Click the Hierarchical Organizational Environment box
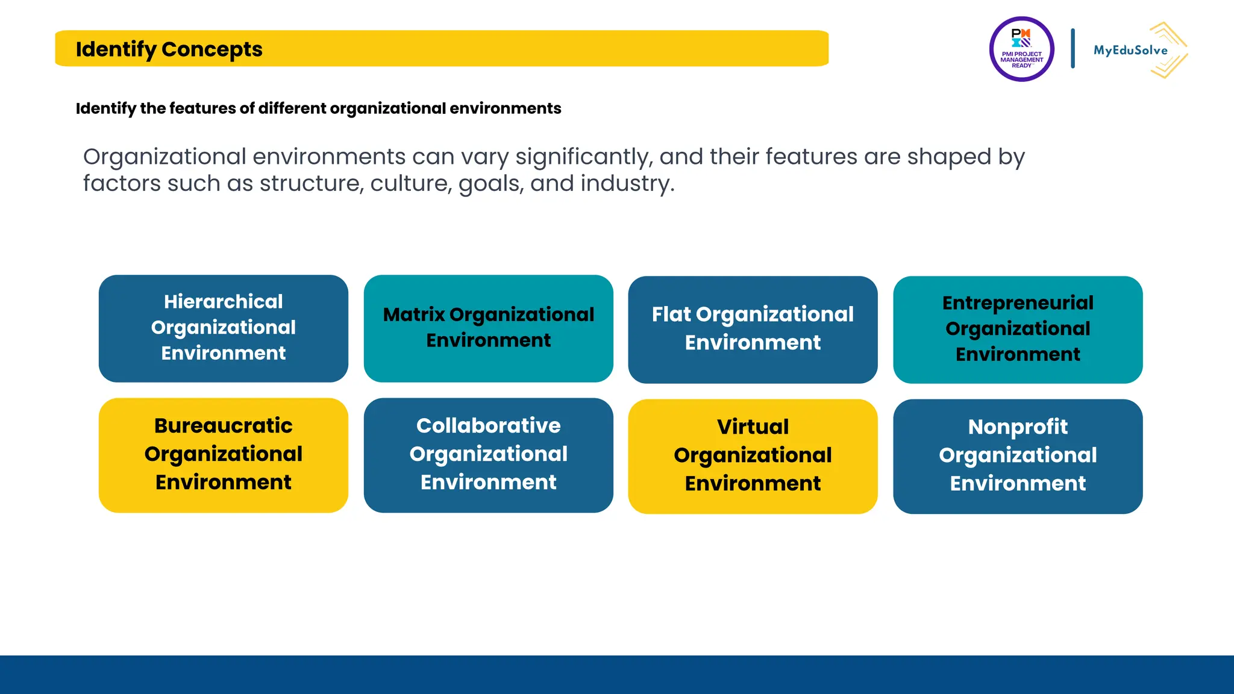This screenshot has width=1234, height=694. click(x=224, y=328)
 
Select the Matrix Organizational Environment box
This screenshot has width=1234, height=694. click(x=488, y=328)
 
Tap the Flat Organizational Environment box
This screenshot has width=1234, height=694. click(x=753, y=330)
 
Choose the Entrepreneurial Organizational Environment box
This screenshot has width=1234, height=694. click(x=1018, y=330)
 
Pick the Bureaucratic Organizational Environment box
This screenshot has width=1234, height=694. click(x=224, y=455)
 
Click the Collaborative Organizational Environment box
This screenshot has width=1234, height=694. click(x=488, y=455)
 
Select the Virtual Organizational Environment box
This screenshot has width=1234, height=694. click(x=753, y=456)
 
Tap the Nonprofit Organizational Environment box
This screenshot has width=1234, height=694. click(x=1018, y=456)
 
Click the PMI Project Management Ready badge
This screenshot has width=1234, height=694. click(x=1021, y=49)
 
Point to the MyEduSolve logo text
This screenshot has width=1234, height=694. click(x=1130, y=51)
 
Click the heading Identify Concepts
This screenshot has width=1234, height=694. click(x=169, y=49)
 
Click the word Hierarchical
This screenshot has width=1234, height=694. click(x=224, y=301)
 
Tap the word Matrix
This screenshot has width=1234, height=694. click(x=414, y=314)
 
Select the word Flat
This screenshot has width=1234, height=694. click(x=671, y=314)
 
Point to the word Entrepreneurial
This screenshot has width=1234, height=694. click(x=1018, y=302)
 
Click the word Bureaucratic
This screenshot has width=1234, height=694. click(x=224, y=426)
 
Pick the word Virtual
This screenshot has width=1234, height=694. click(x=753, y=427)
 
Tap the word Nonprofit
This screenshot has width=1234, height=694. click(x=1018, y=427)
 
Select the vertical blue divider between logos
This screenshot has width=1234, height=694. click(x=1073, y=48)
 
